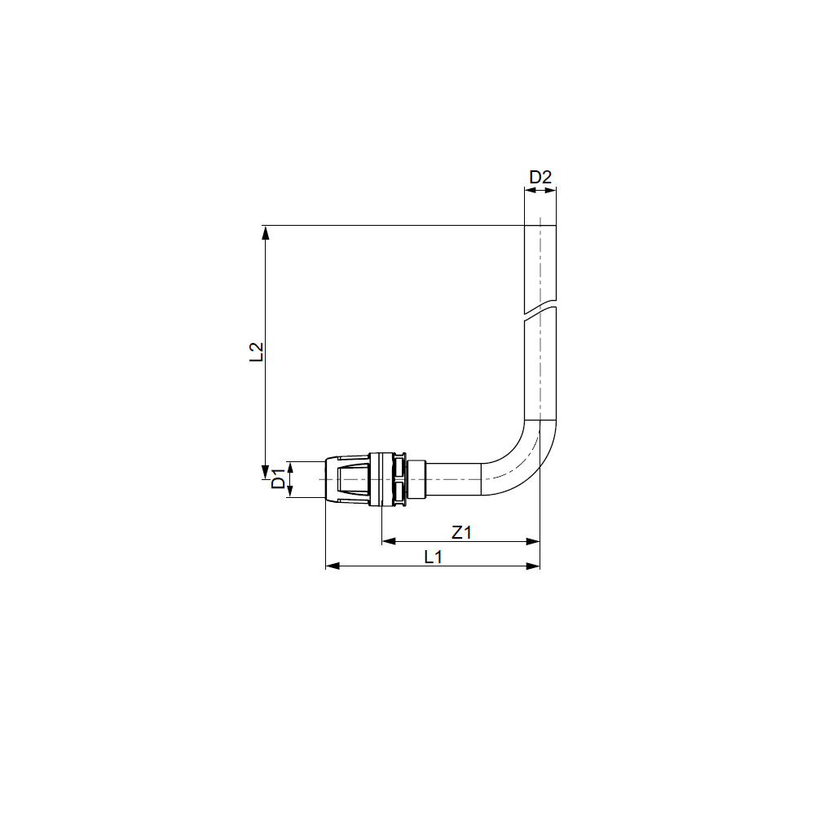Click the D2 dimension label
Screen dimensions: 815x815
coord(540,177)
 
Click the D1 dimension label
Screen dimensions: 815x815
coord(279,478)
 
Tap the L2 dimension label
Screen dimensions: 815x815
coord(257,352)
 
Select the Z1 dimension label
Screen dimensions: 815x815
coord(461,532)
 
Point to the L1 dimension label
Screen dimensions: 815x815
coord(433,557)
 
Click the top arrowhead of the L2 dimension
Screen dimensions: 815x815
coord(266,232)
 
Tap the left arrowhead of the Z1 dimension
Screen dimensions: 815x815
coord(389,542)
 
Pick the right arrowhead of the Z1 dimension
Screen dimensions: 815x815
coord(533,542)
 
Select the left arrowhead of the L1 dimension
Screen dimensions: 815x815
coord(333,566)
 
